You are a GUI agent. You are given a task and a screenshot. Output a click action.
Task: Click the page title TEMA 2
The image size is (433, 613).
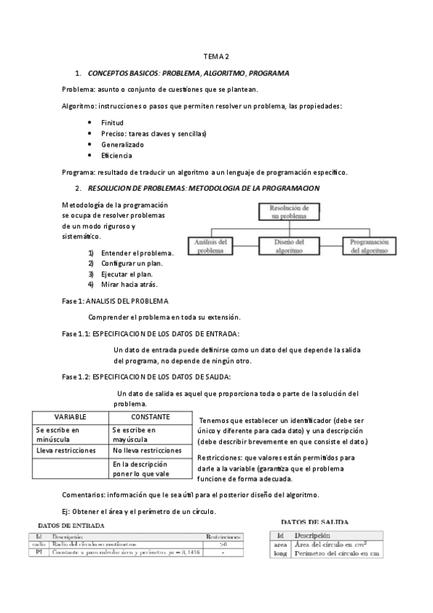point(215,56)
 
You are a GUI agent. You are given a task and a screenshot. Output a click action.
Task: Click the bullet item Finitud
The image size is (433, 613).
point(112,122)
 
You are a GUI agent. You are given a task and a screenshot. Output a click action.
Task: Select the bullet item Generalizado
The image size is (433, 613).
point(122,144)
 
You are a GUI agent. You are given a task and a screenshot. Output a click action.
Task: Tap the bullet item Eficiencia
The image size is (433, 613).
point(116,155)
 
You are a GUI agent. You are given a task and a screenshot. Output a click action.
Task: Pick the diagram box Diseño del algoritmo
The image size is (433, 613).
point(289,246)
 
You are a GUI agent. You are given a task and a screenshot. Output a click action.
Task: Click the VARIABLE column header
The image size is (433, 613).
point(70,417)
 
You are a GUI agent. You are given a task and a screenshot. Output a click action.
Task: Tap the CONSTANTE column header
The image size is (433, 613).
point(150,417)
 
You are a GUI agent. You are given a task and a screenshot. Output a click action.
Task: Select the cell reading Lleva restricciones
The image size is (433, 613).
point(66,450)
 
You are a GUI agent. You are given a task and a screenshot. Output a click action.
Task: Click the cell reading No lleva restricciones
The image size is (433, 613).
point(147,450)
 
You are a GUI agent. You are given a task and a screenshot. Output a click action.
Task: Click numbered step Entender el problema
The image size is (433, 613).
point(137,253)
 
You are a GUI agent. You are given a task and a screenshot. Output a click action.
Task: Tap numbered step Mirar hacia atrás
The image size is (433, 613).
point(130,283)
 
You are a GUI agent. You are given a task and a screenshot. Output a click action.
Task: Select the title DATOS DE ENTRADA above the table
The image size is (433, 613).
point(70,525)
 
